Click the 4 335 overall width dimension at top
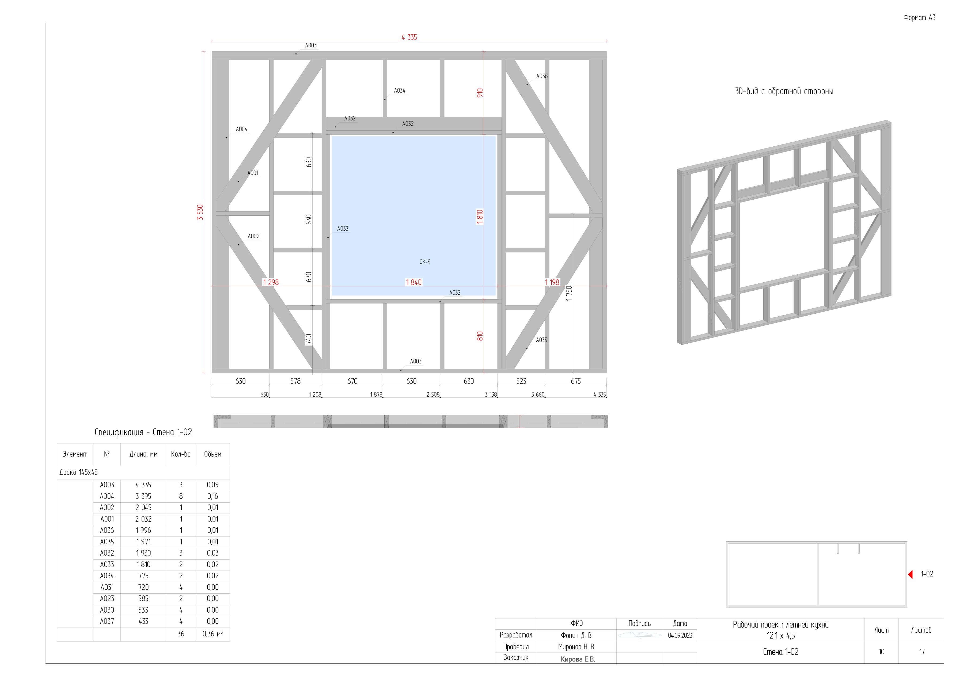pyautogui.click(x=409, y=37)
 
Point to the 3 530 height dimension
pyautogui.click(x=200, y=212)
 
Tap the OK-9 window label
pyautogui.click(x=425, y=262)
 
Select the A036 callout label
pyautogui.click(x=542, y=76)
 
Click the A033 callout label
pyautogui.click(x=343, y=229)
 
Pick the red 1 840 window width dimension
pyautogui.click(x=413, y=282)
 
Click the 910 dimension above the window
pyautogui.click(x=480, y=93)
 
